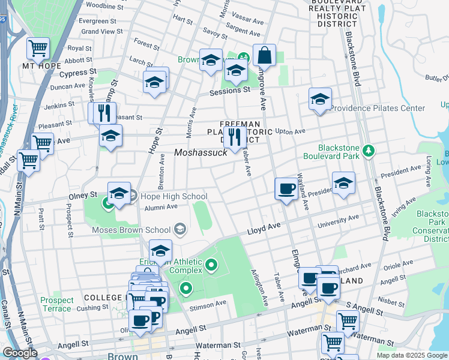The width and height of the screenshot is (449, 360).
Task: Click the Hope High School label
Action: (x=175, y=196)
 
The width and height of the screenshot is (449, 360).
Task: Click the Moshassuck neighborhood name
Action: (x=200, y=153)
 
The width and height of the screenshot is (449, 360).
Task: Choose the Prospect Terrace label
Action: (x=56, y=304)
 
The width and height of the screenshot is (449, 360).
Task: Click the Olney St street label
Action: (x=85, y=196)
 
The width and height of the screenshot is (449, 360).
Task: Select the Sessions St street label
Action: (x=229, y=91)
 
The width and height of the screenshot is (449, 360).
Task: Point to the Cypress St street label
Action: (x=74, y=73)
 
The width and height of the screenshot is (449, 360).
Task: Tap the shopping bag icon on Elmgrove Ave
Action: (x=264, y=56)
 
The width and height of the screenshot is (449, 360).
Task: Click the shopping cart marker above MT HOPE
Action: (x=38, y=47)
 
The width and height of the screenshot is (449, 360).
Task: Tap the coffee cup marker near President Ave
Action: (x=286, y=189)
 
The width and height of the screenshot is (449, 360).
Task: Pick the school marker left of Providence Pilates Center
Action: (x=320, y=99)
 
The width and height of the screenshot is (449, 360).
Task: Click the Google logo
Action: (x=19, y=353)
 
